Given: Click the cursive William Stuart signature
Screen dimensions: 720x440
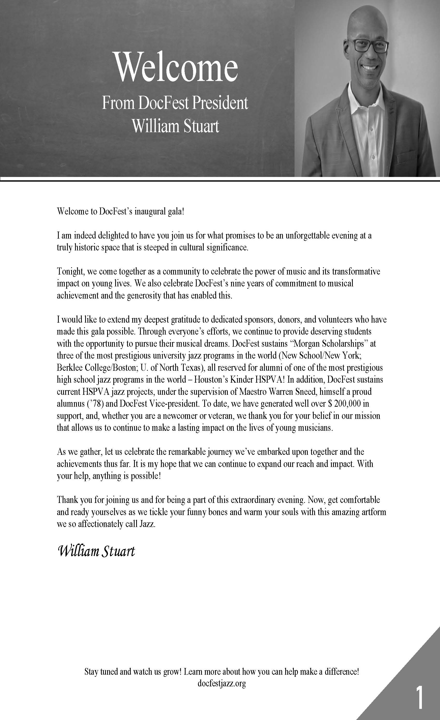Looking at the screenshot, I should coord(97,551).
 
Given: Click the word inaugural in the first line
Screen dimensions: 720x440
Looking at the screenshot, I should coord(146,211).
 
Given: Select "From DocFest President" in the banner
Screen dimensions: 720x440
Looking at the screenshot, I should coord(175,103).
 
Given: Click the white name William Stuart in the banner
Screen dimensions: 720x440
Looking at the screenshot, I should coord(175,126).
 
